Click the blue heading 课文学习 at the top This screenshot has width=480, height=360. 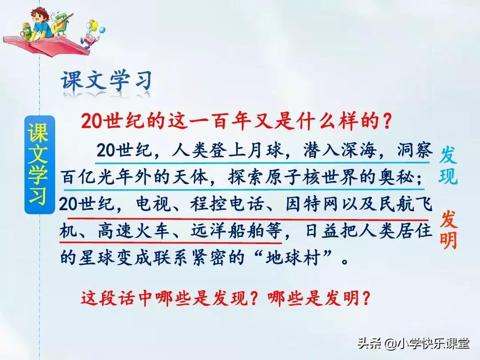click(x=107, y=81)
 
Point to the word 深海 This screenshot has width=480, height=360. click(x=353, y=152)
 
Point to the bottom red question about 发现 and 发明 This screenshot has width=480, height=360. click(x=225, y=298)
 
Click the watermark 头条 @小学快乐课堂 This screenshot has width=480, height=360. click(x=413, y=343)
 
